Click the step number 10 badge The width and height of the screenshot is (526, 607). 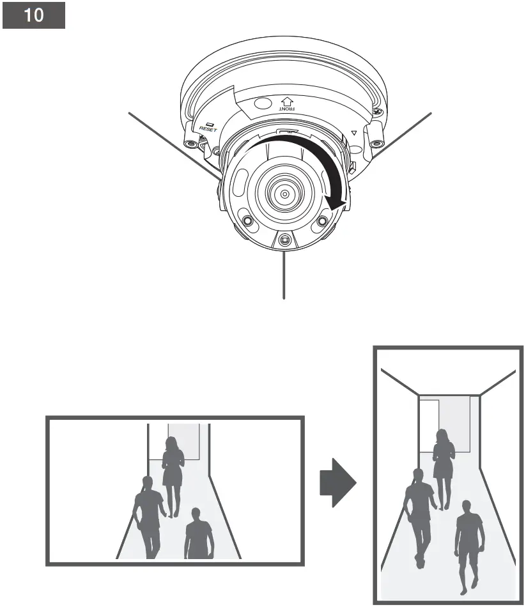(34, 16)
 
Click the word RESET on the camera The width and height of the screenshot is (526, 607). (208, 128)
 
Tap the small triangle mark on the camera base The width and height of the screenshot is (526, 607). (353, 134)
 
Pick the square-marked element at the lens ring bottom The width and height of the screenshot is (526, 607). (284, 240)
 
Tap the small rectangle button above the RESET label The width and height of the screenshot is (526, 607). (210, 121)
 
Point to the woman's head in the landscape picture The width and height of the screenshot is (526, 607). (172, 443)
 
